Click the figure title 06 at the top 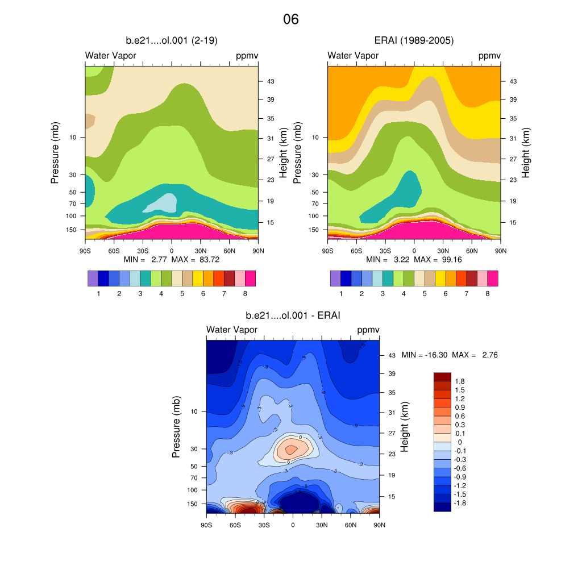pyautogui.click(x=290, y=19)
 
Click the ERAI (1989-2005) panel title pyautogui.click(x=414, y=40)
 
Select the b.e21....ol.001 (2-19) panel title pyautogui.click(x=171, y=40)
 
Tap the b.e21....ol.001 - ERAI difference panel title pyautogui.click(x=293, y=315)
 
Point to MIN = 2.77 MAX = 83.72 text pyautogui.click(x=171, y=259)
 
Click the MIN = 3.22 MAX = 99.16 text pyautogui.click(x=414, y=259)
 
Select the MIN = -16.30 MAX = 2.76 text pyautogui.click(x=450, y=355)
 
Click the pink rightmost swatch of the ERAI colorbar pyautogui.click(x=492, y=278)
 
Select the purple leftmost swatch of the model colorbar pyautogui.click(x=93, y=278)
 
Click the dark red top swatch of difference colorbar pyautogui.click(x=442, y=376)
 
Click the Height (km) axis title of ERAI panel pyautogui.click(x=526, y=152)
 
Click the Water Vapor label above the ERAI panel pyautogui.click(x=353, y=55)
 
